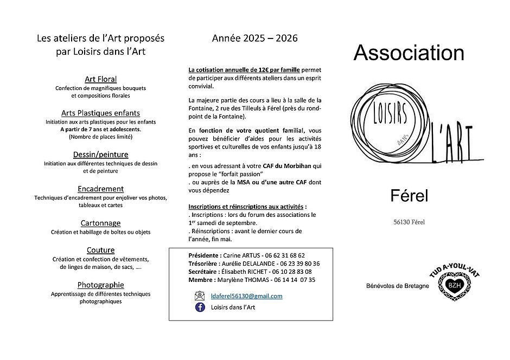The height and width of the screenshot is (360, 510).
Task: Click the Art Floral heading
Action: (x=100, y=79)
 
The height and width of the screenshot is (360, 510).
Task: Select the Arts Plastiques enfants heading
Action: (x=100, y=113)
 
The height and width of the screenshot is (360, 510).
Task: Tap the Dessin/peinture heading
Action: (x=100, y=155)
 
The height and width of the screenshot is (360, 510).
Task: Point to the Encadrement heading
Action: (x=100, y=189)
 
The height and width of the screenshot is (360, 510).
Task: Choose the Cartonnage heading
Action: (x=100, y=223)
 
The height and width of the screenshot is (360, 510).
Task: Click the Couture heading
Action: (x=100, y=250)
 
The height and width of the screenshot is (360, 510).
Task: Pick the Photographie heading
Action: (x=100, y=285)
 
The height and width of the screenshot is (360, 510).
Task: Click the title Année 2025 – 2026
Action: (x=254, y=38)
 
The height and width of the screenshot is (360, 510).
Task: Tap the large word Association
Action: (x=409, y=53)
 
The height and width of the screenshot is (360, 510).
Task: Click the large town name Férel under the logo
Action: (x=409, y=196)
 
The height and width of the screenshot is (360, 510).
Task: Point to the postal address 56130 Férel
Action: (x=410, y=221)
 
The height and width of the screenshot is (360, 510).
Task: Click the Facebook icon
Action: (x=200, y=307)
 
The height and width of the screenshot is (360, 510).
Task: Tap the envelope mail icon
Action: (x=200, y=296)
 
